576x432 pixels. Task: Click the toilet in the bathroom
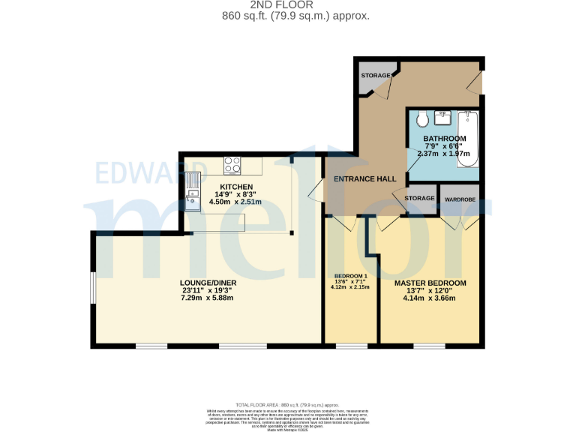[421, 118]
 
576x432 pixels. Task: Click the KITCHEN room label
[236, 187]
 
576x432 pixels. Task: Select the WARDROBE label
[460, 199]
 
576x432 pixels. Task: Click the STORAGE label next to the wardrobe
[419, 198]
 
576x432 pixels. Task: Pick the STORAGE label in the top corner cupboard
[376, 76]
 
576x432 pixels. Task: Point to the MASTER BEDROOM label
[430, 283]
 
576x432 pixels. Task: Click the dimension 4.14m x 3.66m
[430, 298]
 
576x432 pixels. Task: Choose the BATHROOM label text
[444, 139]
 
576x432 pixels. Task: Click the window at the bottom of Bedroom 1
[351, 346]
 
